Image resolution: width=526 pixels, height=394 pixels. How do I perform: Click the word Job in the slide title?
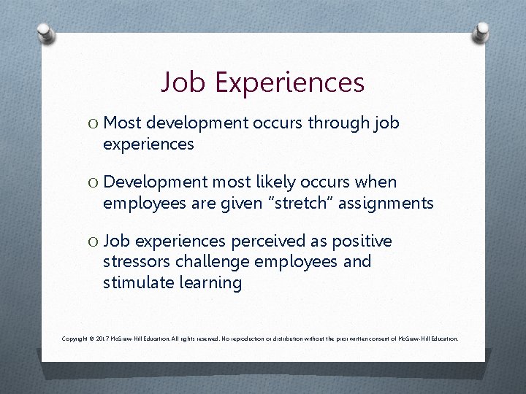click(183, 82)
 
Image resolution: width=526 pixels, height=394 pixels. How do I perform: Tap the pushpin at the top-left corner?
click(46, 34)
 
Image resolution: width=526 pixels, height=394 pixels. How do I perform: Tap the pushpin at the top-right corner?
click(481, 31)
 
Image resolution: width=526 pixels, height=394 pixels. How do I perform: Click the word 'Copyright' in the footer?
click(75, 339)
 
